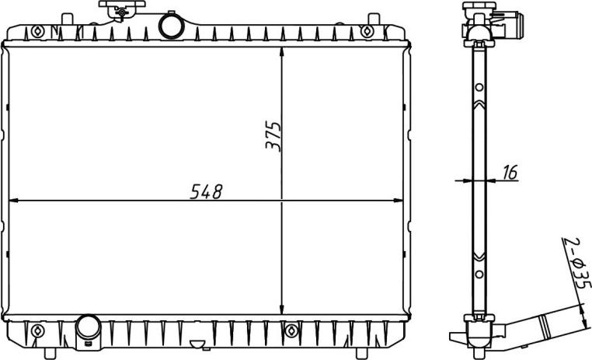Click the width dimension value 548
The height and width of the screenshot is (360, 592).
click(207, 191)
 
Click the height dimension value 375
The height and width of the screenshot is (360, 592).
click(272, 136)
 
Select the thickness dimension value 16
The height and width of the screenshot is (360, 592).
click(510, 173)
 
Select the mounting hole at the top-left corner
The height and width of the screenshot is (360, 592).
click(37, 31)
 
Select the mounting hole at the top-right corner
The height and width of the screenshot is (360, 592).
click(367, 31)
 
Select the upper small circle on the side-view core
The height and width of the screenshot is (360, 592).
click(479, 86)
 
